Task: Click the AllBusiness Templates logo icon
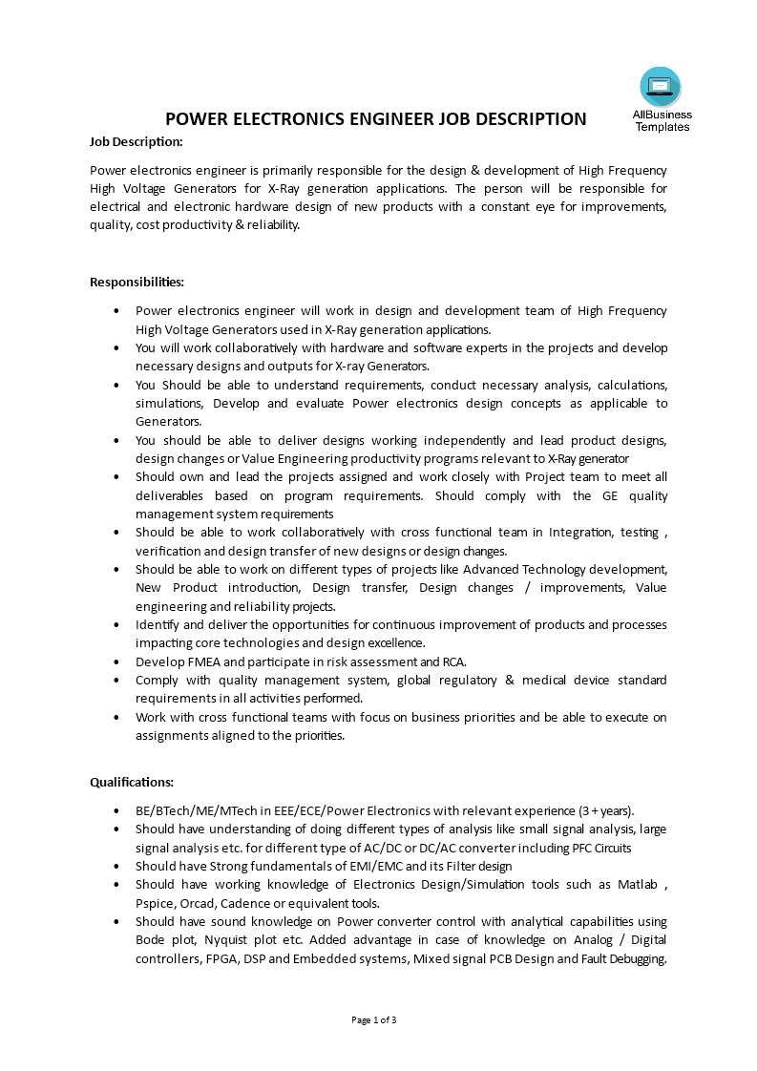661,87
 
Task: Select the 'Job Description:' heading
136,141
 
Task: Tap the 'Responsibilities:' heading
137,282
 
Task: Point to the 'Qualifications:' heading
132,782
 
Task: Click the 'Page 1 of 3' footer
374,1020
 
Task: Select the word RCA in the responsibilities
453,661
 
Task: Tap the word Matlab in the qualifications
641,885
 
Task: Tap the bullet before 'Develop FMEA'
116,661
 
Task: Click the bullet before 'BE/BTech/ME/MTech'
116,810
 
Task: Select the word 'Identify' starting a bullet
158,624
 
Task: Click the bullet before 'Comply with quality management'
116,680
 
